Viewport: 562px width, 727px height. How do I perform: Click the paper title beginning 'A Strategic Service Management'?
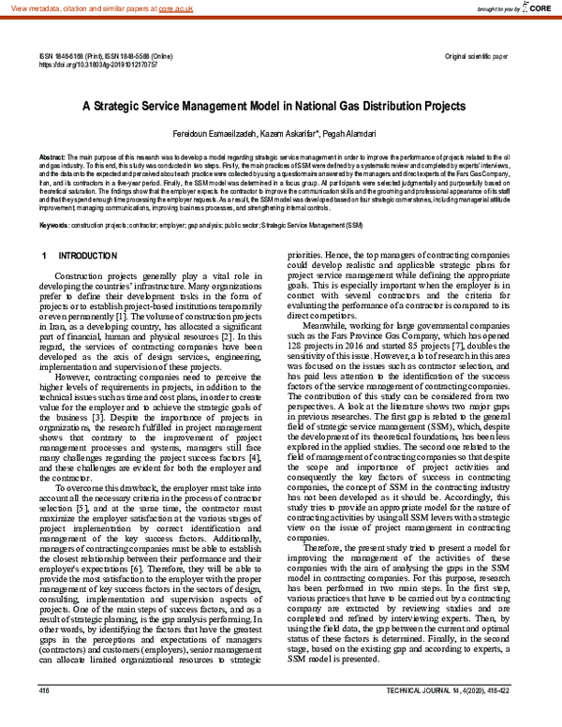(281, 107)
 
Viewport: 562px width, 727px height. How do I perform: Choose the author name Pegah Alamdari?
(347, 136)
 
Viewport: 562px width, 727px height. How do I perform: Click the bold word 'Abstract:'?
(52, 156)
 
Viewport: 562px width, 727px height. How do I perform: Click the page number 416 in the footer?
(44, 718)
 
